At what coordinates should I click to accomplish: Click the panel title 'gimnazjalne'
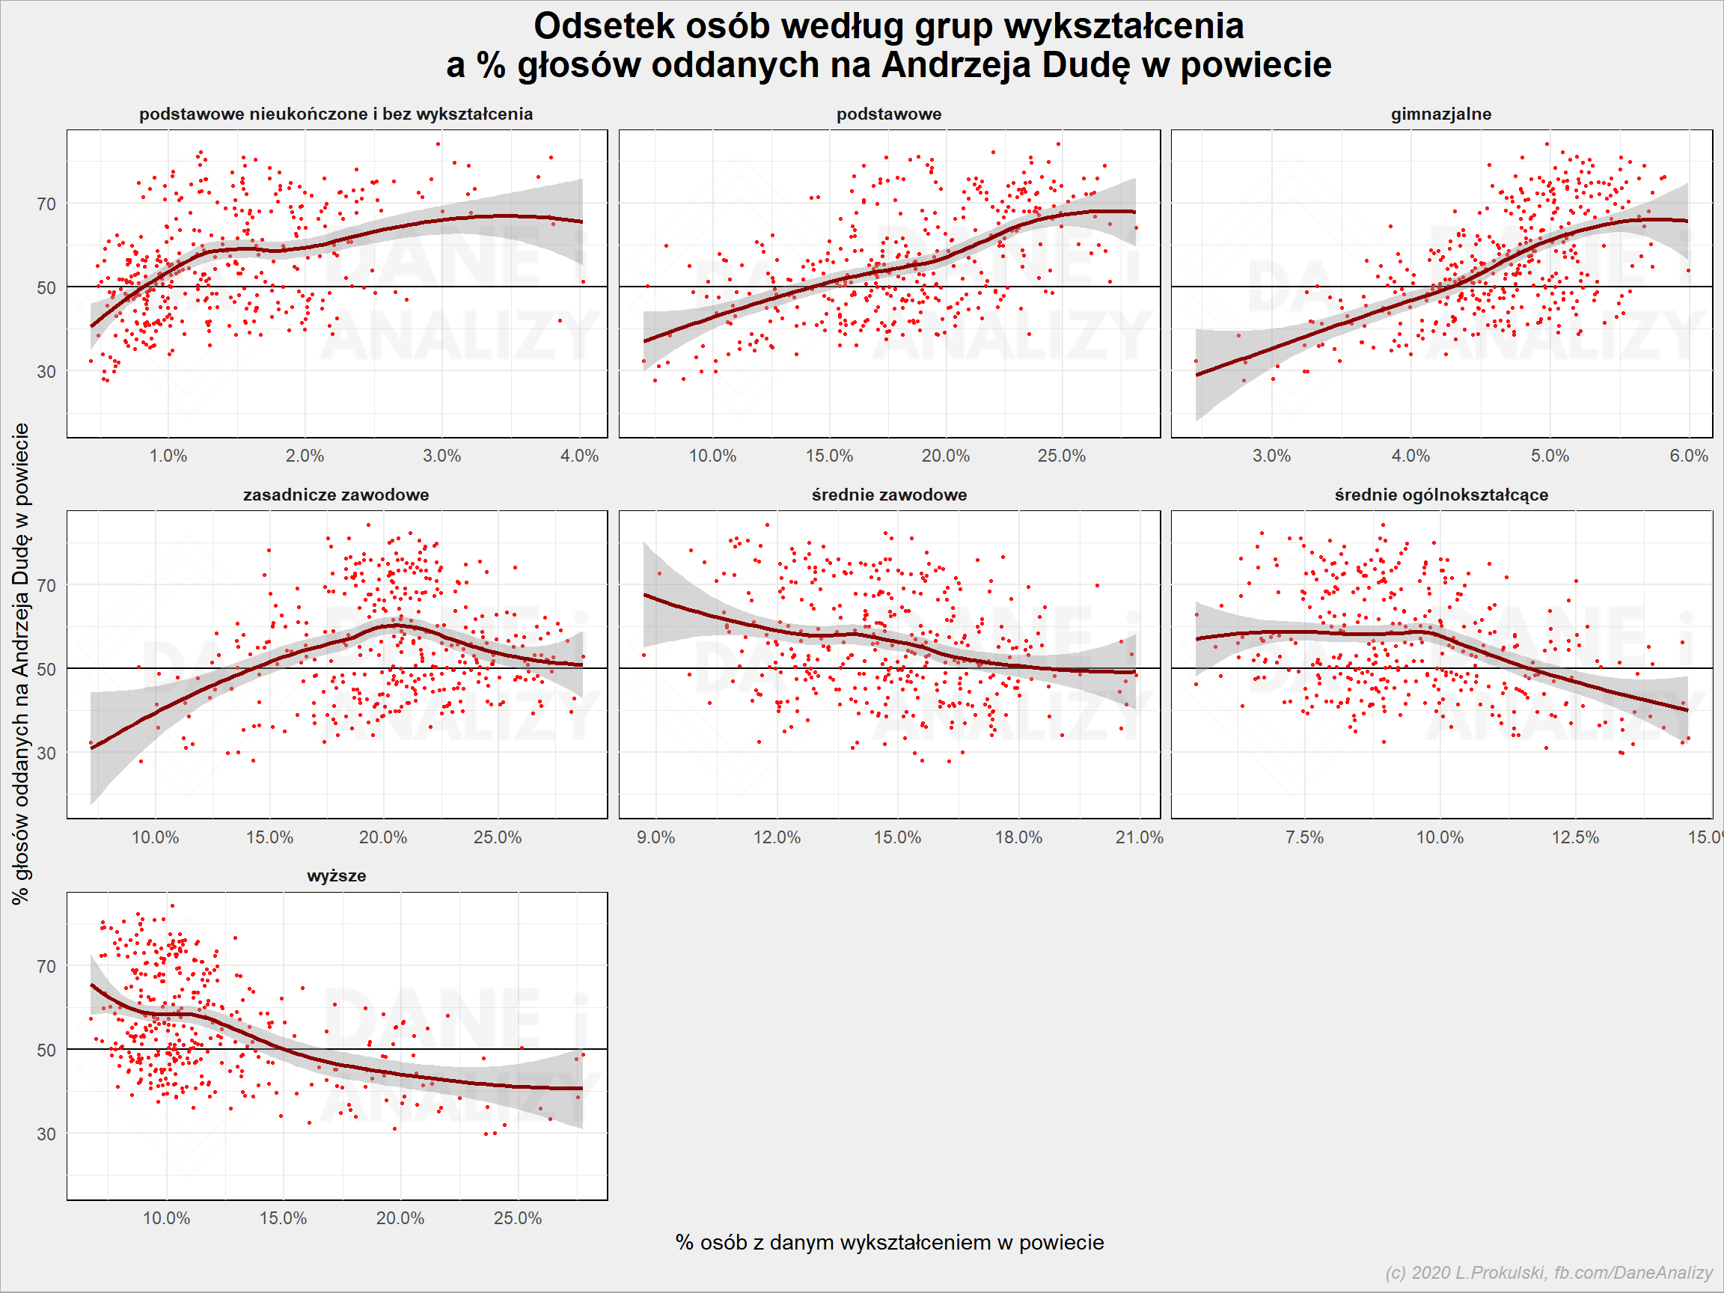pos(1440,114)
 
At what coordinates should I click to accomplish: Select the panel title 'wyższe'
pos(337,875)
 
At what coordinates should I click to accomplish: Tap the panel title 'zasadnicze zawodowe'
pos(336,494)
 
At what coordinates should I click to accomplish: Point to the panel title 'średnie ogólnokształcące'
pos(1441,495)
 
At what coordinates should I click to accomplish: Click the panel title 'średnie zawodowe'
pos(889,494)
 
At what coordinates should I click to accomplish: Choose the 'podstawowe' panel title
pos(888,114)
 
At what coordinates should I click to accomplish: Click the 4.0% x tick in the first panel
pos(579,456)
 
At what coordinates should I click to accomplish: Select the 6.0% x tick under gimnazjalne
pos(1688,456)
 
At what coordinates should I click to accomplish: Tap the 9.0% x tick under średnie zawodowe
pos(655,837)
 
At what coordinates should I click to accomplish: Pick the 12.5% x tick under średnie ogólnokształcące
pos(1575,837)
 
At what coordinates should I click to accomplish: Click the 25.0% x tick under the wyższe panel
pos(518,1218)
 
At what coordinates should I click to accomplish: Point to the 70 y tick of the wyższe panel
pos(46,967)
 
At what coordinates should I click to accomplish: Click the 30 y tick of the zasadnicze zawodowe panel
pos(46,753)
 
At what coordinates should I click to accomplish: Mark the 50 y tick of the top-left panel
pos(46,287)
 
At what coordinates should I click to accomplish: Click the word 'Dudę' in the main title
pos(1086,65)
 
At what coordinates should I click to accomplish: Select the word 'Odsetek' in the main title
pos(604,25)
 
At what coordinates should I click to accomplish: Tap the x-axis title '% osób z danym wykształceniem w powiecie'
pos(889,1242)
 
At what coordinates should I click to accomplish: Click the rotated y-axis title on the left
pos(20,664)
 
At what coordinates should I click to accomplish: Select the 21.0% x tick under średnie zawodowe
pos(1139,837)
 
